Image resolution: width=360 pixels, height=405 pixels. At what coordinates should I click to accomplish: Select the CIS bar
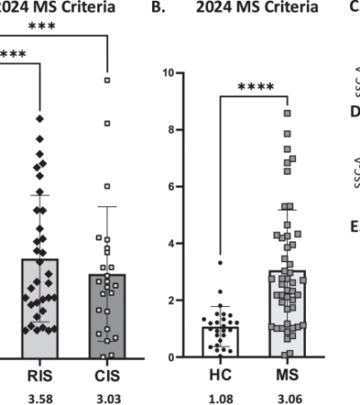pos(108,315)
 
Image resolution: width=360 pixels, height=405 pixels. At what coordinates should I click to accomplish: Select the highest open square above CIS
pos(107,80)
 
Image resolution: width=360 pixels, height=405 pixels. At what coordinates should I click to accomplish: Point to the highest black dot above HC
pos(220,263)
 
